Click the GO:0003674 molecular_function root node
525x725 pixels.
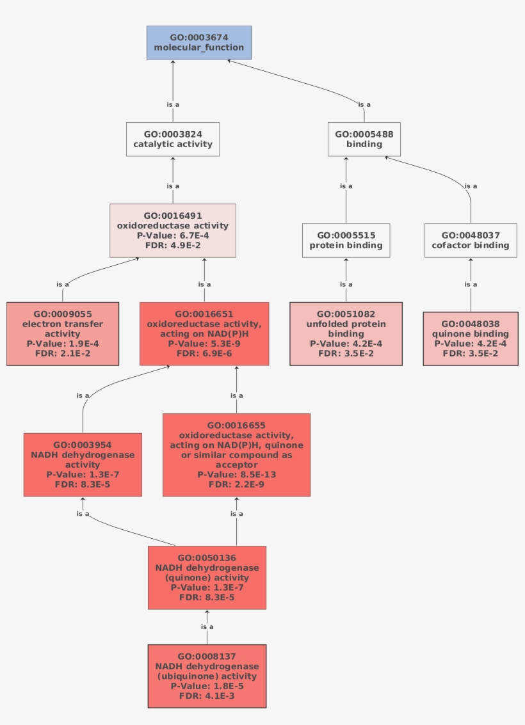click(198, 43)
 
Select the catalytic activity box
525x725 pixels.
click(173, 139)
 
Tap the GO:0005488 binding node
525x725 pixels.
click(364, 139)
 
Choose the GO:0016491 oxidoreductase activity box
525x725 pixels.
click(173, 230)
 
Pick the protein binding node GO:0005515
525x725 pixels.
click(346, 241)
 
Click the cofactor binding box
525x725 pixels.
click(471, 241)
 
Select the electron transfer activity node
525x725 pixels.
click(63, 333)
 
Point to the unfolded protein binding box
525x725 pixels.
click(346, 333)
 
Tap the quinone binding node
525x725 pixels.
click(471, 339)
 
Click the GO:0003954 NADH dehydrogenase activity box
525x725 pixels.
click(83, 465)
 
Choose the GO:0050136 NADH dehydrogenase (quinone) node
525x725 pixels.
click(207, 577)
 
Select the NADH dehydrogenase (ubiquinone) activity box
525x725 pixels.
click(207, 676)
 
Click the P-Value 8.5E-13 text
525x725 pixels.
click(236, 475)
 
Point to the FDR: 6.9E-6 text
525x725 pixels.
click(204, 353)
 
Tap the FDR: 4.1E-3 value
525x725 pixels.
click(207, 696)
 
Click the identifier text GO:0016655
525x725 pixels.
click(236, 425)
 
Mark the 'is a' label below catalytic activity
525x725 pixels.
click(173, 186)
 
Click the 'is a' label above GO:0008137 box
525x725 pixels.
click(207, 627)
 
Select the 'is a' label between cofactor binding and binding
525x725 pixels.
click(471, 186)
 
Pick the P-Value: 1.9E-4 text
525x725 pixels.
click(63, 344)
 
